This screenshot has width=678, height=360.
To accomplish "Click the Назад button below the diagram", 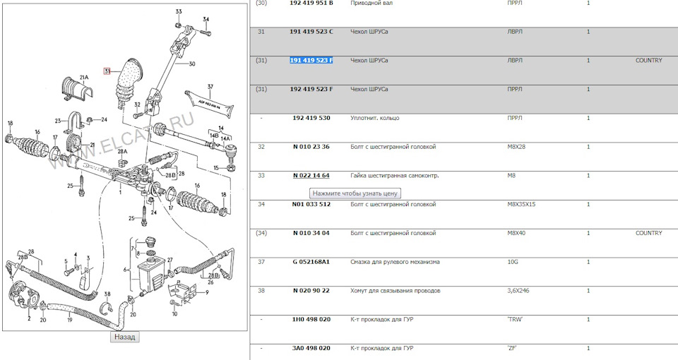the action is pyautogui.click(x=124, y=337).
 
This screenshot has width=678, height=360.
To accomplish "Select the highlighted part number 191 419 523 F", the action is pyautogui.click(x=311, y=61).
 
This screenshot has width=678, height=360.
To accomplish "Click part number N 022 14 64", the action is pyautogui.click(x=311, y=176).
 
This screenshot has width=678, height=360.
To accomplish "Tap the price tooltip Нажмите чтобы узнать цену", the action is pyautogui.click(x=355, y=193).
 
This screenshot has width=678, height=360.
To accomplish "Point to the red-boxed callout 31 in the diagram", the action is pyautogui.click(x=107, y=71).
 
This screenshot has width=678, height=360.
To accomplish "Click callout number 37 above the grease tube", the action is pyautogui.click(x=210, y=87).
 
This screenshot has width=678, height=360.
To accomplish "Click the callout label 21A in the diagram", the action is pyautogui.click(x=83, y=78).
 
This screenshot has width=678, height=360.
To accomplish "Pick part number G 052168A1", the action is pyautogui.click(x=311, y=262).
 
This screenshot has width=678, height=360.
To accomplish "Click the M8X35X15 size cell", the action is pyautogui.click(x=521, y=205).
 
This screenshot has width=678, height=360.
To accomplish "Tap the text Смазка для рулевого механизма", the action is pyautogui.click(x=395, y=262).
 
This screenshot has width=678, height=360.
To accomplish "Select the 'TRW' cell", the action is pyautogui.click(x=515, y=319).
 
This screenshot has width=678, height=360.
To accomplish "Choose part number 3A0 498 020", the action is pyautogui.click(x=311, y=348).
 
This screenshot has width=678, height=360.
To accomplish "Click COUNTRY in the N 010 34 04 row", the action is pyautogui.click(x=648, y=233).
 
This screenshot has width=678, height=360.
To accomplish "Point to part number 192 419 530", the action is pyautogui.click(x=311, y=118).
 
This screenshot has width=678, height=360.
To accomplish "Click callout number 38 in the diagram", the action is pyautogui.click(x=107, y=294).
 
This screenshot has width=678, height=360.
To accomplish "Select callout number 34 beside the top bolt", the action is pyautogui.click(x=206, y=20).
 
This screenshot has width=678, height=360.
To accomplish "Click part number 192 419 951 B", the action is pyautogui.click(x=311, y=3).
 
